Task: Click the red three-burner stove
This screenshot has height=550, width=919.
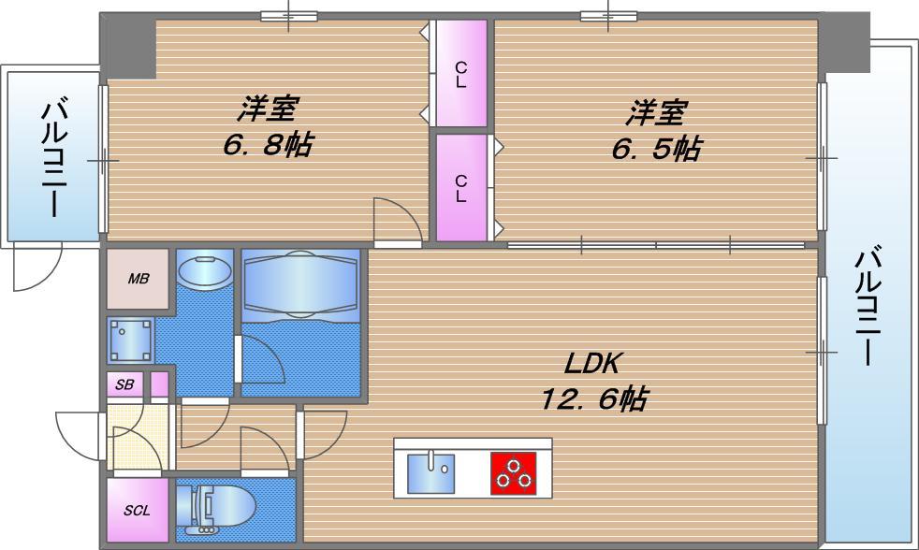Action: click(x=513, y=472)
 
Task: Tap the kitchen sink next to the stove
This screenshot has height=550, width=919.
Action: click(x=430, y=472)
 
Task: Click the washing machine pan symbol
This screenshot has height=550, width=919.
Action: click(x=130, y=340)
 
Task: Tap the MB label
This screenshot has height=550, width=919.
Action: click(x=138, y=279)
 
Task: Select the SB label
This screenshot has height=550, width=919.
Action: click(x=124, y=384)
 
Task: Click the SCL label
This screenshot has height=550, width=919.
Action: click(x=138, y=511)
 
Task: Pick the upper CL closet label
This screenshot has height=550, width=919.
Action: click(x=460, y=74)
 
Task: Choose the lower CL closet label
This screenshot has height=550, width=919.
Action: click(x=460, y=188)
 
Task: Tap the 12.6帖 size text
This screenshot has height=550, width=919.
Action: click(x=592, y=399)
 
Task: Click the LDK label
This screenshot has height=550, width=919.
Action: click(x=592, y=363)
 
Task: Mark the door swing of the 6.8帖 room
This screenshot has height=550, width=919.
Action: click(x=395, y=221)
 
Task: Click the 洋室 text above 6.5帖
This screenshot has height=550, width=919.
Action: click(x=656, y=113)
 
